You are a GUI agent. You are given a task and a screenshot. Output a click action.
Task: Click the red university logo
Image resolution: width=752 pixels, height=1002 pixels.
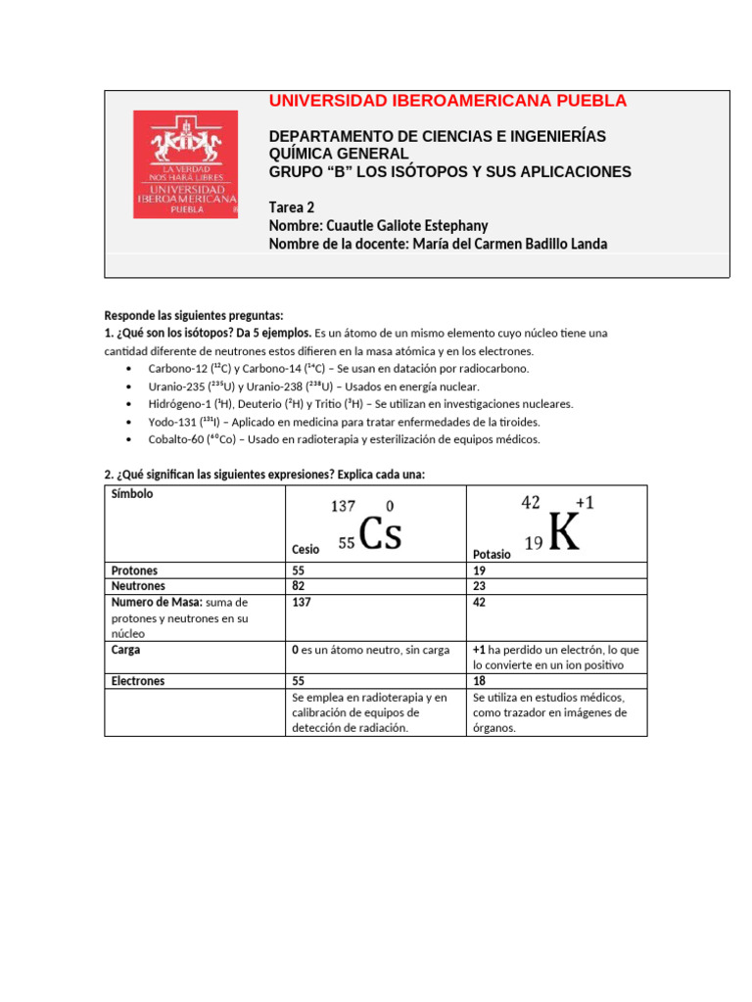pos(185,163)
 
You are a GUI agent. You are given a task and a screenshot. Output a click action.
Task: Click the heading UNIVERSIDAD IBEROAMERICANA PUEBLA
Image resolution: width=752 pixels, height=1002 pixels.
pos(447,102)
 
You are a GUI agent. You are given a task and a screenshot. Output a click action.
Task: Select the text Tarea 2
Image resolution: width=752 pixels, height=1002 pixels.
pos(291,207)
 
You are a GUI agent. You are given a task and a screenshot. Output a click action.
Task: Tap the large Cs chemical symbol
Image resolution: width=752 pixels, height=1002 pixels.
pos(381,534)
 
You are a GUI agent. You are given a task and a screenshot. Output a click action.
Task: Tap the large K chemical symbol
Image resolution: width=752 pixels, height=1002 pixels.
pos(564,533)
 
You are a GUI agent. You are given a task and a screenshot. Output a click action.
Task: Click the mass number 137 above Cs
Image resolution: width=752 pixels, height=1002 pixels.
pos(343,506)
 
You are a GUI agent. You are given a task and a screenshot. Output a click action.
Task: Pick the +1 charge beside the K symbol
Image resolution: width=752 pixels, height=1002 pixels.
pos(585,502)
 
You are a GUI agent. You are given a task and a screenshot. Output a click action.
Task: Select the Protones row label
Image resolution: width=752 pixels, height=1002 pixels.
pos(134,570)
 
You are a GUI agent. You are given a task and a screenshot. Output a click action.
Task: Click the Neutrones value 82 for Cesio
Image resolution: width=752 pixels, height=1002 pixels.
pos(299,586)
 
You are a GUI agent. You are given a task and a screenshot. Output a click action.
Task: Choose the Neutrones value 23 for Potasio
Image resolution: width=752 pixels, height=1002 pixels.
pos(479,586)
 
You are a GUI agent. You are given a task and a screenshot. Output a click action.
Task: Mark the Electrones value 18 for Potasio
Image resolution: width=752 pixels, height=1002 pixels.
pos(479,681)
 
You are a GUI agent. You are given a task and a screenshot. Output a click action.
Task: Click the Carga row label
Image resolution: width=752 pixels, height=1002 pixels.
pos(126,649)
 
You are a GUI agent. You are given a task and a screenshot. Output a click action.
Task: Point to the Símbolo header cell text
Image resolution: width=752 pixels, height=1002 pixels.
pos(132,494)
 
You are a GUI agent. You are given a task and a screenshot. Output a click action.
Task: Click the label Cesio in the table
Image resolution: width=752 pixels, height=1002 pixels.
pos(305,550)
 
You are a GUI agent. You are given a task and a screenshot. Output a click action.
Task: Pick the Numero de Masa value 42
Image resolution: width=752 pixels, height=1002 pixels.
pos(479,603)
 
